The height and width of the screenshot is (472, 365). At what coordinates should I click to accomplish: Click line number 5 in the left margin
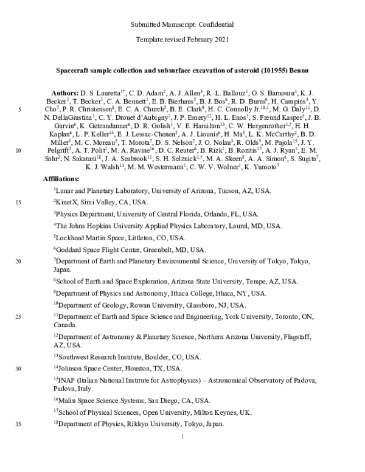point(21,109)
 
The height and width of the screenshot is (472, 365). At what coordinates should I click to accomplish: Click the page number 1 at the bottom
point(182,436)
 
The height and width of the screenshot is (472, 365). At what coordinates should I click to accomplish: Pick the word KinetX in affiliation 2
point(67,202)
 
